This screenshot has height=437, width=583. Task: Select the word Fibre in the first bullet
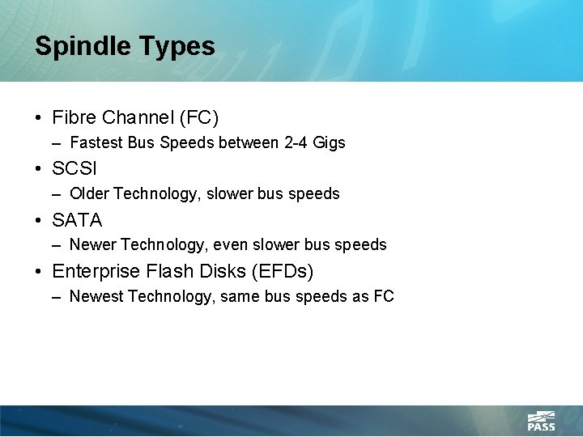pos(74,118)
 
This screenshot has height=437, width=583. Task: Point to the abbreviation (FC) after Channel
pos(199,118)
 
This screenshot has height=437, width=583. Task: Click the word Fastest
pos(96,143)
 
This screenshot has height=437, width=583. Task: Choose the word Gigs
pos(330,143)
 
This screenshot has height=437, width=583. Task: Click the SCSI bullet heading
pos(74,169)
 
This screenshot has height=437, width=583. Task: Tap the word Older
pos(90,194)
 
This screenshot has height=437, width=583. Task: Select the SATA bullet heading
pos(77,220)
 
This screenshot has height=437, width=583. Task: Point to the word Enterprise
pos(95,271)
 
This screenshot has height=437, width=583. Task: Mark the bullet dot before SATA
pos(39,220)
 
